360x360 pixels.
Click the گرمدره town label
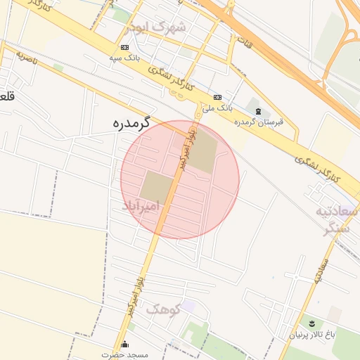pyautogui.click(x=131, y=122)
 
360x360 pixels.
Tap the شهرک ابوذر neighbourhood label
pyautogui.click(x=157, y=28)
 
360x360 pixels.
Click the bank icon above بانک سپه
pyautogui.click(x=124, y=47)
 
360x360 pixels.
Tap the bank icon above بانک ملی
pyautogui.click(x=217, y=97)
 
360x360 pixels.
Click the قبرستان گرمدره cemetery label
pyautogui.click(x=259, y=122)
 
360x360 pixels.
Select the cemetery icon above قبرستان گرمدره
pyautogui.click(x=258, y=111)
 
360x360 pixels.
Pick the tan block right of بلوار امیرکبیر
pyautogui.click(x=205, y=153)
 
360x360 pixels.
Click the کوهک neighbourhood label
pyautogui.click(x=163, y=309)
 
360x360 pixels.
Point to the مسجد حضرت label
pyautogui.click(x=124, y=354)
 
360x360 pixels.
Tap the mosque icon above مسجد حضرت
pyautogui.click(x=125, y=344)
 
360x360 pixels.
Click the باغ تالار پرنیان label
pyautogui.click(x=314, y=335)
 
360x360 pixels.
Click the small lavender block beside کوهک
pyautogui.click(x=188, y=304)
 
